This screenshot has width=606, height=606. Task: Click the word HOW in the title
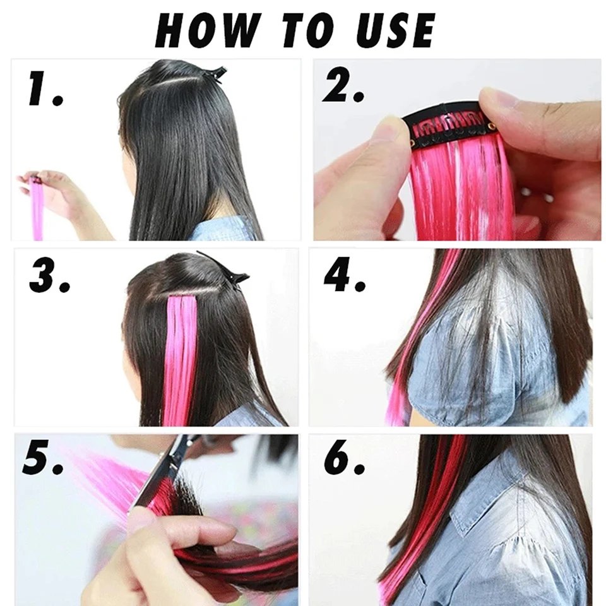pyautogui.click(x=207, y=29)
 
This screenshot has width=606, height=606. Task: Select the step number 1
pyautogui.click(x=44, y=90)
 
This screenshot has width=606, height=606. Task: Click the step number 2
pyautogui.click(x=343, y=88)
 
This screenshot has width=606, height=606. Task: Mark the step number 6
pyautogui.click(x=345, y=460)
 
